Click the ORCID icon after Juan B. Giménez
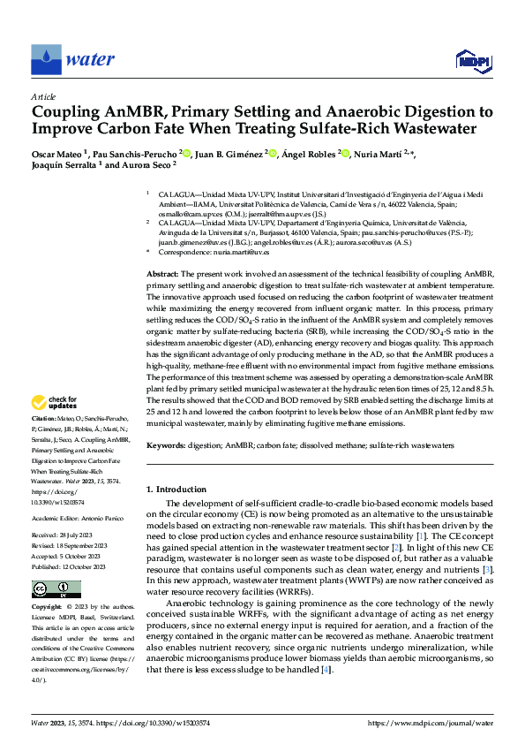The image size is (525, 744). click(274, 153)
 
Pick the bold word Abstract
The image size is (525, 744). click(161, 277)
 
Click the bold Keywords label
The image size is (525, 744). click(167, 447)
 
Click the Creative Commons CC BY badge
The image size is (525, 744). click(44, 588)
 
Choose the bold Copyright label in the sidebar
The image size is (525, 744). click(46, 609)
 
